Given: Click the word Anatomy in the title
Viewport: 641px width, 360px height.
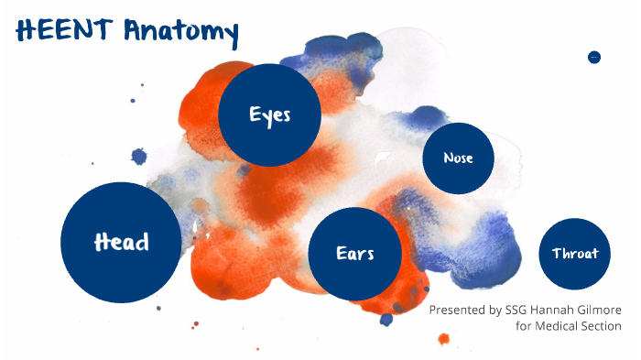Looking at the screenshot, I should click(x=180, y=34).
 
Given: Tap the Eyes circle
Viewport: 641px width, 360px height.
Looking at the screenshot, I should click(x=269, y=115).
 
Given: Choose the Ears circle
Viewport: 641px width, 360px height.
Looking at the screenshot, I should click(x=355, y=254).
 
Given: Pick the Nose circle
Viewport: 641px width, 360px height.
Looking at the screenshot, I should click(x=458, y=158).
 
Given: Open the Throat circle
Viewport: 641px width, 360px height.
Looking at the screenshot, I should click(x=575, y=254).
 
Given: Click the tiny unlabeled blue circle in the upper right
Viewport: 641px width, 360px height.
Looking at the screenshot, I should click(x=593, y=57).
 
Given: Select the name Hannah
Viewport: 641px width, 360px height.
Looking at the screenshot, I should click(x=560, y=311).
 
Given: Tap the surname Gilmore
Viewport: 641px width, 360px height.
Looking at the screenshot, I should click(x=604, y=311).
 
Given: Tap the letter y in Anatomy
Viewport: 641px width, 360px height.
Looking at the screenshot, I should click(x=229, y=37).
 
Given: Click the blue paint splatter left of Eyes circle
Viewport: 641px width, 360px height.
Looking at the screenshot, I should click(x=139, y=157).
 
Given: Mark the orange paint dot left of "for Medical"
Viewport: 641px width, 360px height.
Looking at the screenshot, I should click(x=444, y=339).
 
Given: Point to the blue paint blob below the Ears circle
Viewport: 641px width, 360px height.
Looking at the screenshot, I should click(x=386, y=319).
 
